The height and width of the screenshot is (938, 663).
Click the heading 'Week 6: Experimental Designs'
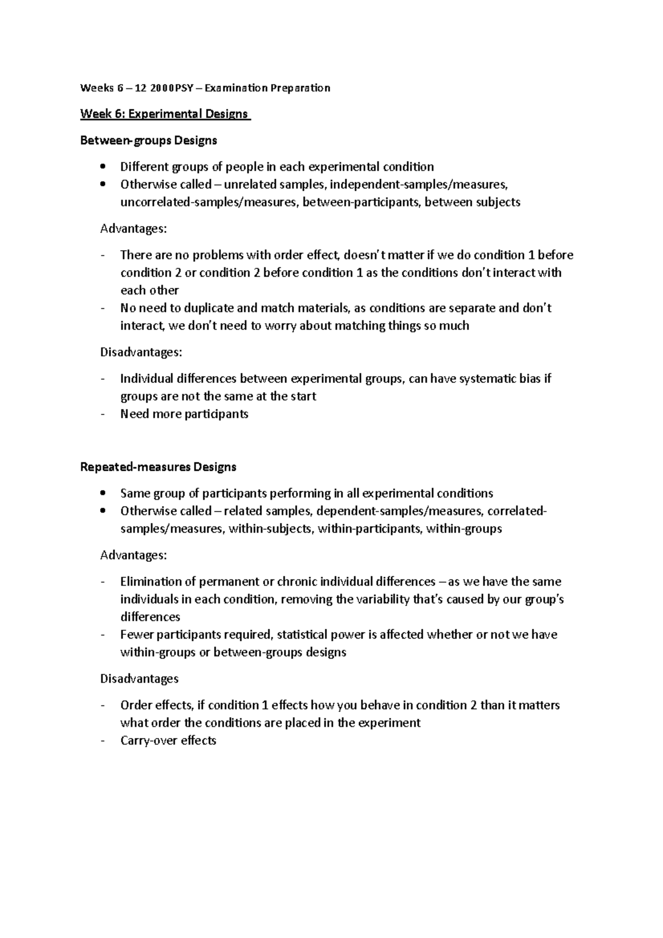click(x=164, y=114)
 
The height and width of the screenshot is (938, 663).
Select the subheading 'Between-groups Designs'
click(x=149, y=140)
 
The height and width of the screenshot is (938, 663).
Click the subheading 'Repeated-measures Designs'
click(x=158, y=467)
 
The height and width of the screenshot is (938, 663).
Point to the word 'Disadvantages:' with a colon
click(x=141, y=352)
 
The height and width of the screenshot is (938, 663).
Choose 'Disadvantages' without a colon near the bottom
click(x=139, y=678)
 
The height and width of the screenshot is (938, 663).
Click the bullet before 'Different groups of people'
click(x=103, y=167)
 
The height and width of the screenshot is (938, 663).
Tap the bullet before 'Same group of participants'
click(x=103, y=493)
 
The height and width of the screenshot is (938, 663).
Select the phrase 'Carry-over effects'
click(x=168, y=740)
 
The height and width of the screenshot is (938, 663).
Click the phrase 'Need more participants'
click(x=184, y=414)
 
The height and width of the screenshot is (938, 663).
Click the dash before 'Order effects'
click(x=103, y=705)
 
